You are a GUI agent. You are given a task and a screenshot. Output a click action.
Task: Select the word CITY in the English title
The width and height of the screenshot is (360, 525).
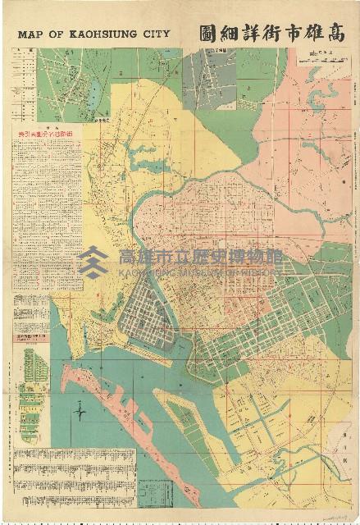153,34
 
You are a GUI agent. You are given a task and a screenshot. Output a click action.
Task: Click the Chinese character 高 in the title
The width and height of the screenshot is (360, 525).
330,34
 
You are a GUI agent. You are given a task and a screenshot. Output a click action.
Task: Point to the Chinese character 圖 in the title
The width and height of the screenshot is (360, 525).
206,34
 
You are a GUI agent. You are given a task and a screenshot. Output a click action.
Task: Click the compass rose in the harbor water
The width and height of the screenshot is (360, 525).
80,411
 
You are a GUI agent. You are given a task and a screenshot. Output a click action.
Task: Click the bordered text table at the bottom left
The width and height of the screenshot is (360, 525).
73,476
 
